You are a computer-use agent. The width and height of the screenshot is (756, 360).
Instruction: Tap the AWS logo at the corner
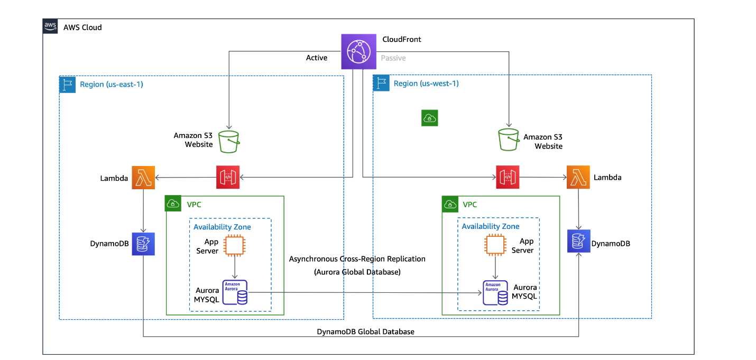pos(50,26)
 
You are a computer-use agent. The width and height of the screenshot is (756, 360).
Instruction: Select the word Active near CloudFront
pos(317,58)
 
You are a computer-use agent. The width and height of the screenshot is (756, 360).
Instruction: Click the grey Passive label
pos(393,58)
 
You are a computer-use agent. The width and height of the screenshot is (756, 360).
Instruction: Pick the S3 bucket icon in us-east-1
pos(229,142)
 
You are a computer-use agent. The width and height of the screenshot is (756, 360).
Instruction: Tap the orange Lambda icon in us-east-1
pos(143,178)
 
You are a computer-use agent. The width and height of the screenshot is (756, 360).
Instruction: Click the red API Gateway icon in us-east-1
pos(228,178)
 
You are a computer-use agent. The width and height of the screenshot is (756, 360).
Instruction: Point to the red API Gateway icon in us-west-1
pos(507,177)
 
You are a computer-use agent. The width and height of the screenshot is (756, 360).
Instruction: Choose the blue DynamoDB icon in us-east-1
pos(143,244)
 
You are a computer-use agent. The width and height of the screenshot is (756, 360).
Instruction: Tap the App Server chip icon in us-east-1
pos(234,246)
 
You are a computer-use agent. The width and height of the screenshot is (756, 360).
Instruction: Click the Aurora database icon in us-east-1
pos(235,292)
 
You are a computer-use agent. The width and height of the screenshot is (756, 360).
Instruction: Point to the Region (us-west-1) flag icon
pos(381,83)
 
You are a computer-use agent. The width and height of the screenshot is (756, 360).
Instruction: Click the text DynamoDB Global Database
pos(365,331)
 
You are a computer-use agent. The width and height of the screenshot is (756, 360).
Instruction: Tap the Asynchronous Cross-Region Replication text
pos(357,259)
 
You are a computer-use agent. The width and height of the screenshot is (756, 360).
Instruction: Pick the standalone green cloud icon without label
pos(429,118)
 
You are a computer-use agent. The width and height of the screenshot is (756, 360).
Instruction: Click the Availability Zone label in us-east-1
pos(222,227)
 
